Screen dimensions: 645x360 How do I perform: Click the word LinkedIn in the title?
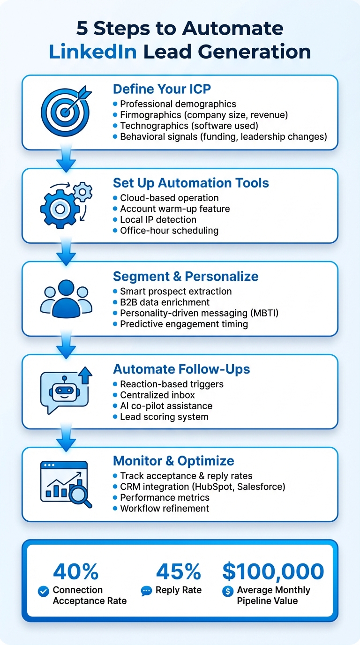pos(92,52)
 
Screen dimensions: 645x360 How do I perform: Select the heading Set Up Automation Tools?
pos(191,183)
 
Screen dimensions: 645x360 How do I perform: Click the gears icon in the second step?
pos(66,205)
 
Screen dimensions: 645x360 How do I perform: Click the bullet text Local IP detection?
pos(158,219)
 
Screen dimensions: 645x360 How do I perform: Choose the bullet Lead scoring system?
pos(164,417)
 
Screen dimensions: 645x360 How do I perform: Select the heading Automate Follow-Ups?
pos(181,369)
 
